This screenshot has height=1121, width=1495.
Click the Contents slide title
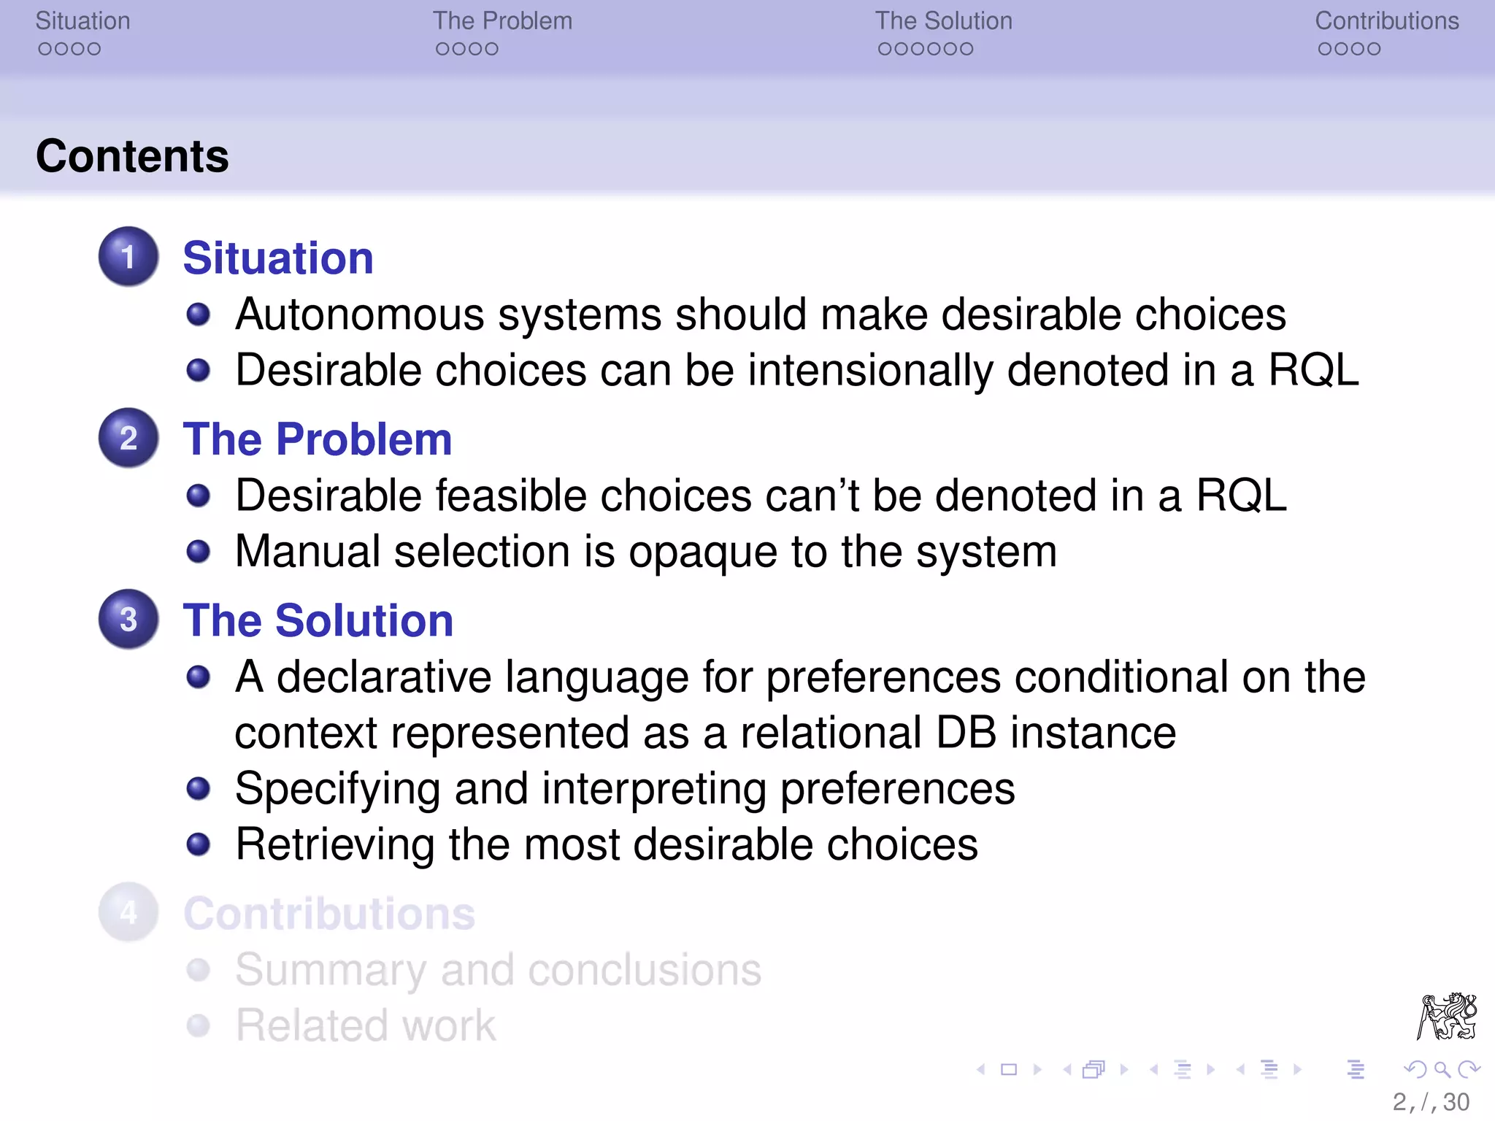132,156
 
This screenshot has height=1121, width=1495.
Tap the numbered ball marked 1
128,256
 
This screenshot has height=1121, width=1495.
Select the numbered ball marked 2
128,438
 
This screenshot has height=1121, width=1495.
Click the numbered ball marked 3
128,619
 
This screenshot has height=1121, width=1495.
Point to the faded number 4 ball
128,912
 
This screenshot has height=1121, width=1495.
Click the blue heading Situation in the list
277,258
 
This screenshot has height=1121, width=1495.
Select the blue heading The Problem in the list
318,439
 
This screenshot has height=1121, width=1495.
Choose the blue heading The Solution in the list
318,620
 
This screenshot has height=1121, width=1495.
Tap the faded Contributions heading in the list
329,914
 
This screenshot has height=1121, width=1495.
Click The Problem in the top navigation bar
502,21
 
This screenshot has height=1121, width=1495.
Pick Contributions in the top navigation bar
1386,21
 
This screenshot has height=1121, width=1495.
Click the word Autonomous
360,315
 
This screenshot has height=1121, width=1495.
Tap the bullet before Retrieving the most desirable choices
198,844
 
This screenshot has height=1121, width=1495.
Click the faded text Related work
366,1025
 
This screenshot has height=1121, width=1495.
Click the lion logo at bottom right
1447,1016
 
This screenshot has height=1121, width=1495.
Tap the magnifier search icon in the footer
1442,1070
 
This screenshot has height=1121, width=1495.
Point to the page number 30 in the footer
1456,1102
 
